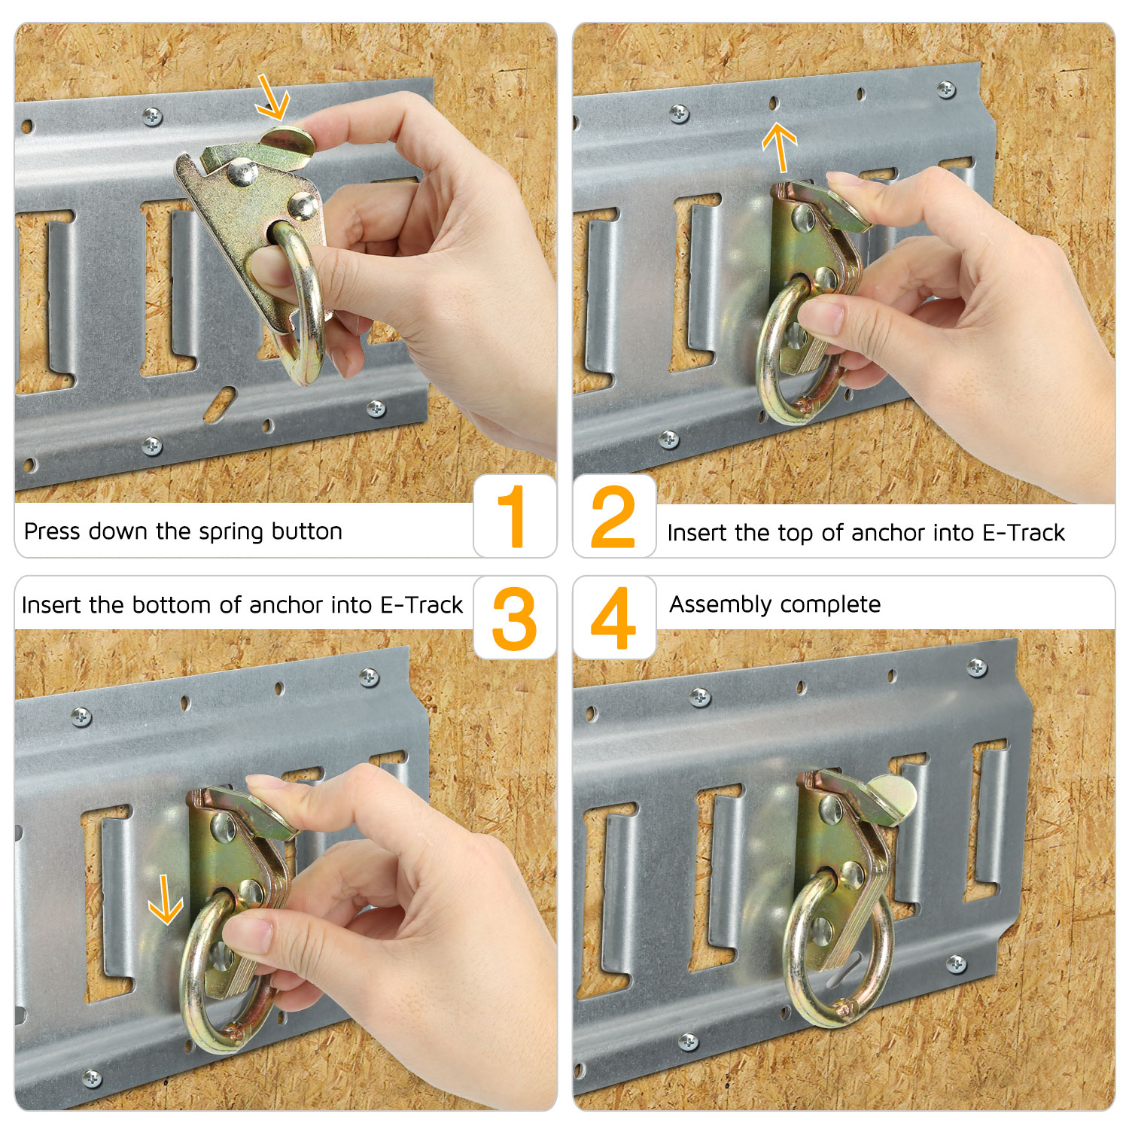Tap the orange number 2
(613, 516)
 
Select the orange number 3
(515, 619)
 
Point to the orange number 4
(613, 618)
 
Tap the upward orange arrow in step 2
(780, 148)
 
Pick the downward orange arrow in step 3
(166, 899)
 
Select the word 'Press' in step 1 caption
(52, 531)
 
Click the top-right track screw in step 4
(977, 667)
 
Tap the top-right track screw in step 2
(947, 90)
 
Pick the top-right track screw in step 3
(369, 677)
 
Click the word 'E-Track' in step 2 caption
(1024, 533)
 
